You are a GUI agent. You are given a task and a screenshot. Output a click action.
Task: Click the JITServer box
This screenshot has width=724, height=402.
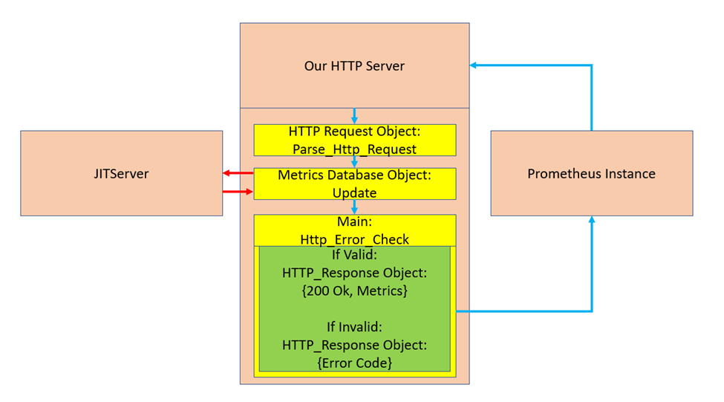click(121, 174)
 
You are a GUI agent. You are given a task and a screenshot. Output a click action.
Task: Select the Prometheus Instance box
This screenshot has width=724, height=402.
click(591, 174)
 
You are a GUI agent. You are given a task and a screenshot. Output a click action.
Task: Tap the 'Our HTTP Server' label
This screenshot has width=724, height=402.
click(354, 66)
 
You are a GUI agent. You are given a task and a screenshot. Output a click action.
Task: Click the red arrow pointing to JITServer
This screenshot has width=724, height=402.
click(236, 173)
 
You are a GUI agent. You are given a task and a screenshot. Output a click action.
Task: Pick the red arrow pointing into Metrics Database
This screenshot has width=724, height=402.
click(239, 192)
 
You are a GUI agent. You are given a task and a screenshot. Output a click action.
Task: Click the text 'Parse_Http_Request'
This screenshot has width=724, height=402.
click(354, 149)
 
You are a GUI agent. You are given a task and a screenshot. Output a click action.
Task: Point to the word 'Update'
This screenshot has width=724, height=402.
click(354, 192)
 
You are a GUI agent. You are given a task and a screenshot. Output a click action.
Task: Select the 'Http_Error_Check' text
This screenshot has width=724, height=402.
click(354, 239)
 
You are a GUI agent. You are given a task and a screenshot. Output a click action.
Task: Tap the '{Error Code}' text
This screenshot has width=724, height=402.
click(354, 363)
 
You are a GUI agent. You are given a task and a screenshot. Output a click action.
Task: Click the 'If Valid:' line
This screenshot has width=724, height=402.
click(354, 256)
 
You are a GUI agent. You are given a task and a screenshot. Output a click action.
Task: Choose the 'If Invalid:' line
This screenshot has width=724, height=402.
click(354, 327)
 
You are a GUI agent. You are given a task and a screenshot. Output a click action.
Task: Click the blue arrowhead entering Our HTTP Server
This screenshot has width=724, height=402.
click(474, 65)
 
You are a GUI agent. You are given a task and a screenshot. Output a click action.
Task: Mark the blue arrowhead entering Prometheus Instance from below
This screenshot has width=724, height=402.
click(591, 221)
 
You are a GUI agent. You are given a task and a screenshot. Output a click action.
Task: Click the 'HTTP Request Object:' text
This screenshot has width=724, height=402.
click(354, 132)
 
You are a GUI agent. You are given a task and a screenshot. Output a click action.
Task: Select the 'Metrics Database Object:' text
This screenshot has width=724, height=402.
click(354, 175)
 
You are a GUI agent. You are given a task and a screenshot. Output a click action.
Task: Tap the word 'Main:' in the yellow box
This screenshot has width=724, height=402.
click(354, 221)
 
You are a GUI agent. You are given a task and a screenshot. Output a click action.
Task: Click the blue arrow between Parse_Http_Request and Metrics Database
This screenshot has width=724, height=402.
click(354, 162)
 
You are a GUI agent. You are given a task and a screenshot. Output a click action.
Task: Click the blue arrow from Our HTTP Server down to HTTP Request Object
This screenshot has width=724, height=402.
click(354, 116)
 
